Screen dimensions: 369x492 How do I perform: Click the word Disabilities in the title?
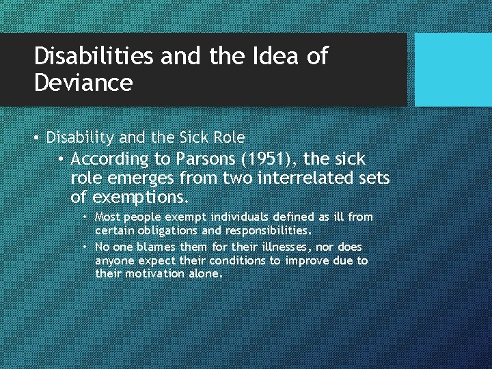point(94,57)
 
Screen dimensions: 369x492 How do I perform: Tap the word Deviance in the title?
point(83,83)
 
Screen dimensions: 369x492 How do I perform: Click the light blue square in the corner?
point(453,70)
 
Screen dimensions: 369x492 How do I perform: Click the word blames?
point(165,246)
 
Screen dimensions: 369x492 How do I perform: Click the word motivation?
point(153,274)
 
